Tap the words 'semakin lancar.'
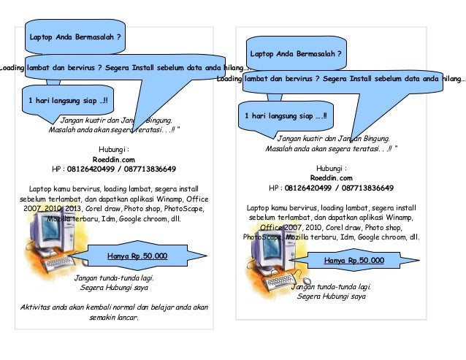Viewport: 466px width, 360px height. pos(113,317)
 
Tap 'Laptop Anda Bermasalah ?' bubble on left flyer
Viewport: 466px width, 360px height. pos(75,36)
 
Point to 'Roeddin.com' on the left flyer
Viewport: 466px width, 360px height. pos(113,158)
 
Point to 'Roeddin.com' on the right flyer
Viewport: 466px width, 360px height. pos(331,177)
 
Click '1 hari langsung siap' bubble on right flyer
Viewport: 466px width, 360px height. pos(286,115)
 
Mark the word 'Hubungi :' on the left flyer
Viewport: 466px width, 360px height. pos(113,148)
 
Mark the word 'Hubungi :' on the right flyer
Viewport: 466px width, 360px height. pos(331,167)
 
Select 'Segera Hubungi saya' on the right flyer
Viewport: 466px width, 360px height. pos(332,297)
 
